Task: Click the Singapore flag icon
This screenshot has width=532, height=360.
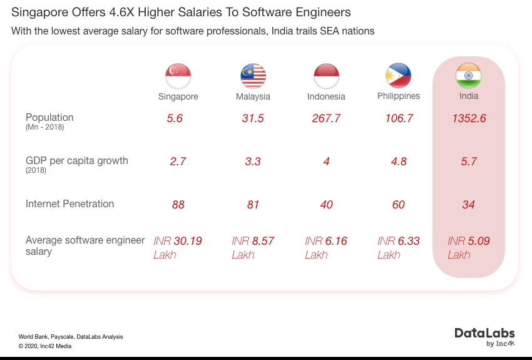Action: [x=178, y=76]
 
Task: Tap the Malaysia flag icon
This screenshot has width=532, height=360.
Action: [x=253, y=76]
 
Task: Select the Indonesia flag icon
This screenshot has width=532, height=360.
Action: [x=326, y=76]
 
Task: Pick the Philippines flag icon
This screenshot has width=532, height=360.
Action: [x=399, y=76]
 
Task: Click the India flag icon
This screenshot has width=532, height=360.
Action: [x=468, y=76]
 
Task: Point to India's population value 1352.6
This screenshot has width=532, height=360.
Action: [x=469, y=118]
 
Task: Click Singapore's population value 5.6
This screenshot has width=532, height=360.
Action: [x=175, y=118]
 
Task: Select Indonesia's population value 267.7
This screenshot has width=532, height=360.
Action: [x=326, y=118]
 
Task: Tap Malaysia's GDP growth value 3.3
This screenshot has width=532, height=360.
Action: [x=253, y=162]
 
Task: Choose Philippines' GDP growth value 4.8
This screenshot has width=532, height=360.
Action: [x=399, y=162]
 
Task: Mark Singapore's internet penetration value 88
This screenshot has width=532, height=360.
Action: [x=178, y=205]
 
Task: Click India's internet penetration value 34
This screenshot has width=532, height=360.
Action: [x=469, y=205]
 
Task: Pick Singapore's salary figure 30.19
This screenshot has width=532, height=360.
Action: [x=188, y=241]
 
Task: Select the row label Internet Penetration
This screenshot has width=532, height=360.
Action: [x=69, y=204]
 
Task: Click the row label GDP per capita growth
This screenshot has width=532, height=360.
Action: [x=76, y=161]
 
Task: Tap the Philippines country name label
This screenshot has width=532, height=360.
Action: [x=399, y=96]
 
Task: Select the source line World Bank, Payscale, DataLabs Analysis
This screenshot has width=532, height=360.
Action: [x=71, y=337]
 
